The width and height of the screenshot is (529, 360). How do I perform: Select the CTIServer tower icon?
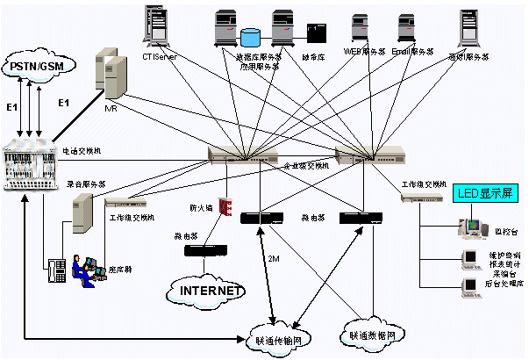(x=158, y=26)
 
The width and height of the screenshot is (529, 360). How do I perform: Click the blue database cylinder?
(x=252, y=40)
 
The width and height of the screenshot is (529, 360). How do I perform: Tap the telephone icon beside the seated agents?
(x=57, y=270)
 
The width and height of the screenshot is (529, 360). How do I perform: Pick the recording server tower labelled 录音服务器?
(x=82, y=211)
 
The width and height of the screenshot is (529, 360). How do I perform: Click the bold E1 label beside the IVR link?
(x=62, y=104)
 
